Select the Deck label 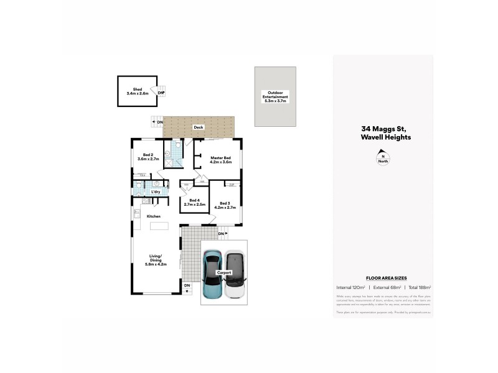pos(199,127)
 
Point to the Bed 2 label pos(148,157)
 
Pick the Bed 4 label pos(193,201)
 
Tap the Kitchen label pos(154,216)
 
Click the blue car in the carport pos(213,274)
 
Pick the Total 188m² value pos(418,288)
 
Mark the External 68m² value pos(385,288)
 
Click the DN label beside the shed pos(161,93)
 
